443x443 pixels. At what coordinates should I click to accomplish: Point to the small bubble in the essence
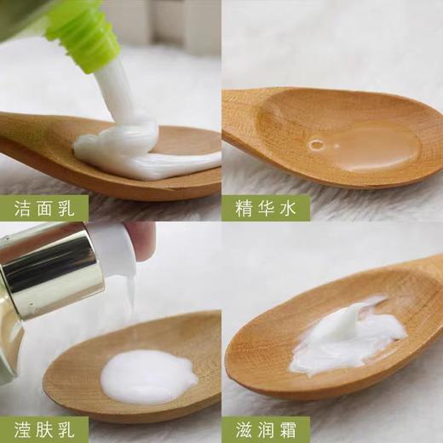317,145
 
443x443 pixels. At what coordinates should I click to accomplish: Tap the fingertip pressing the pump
141,239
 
